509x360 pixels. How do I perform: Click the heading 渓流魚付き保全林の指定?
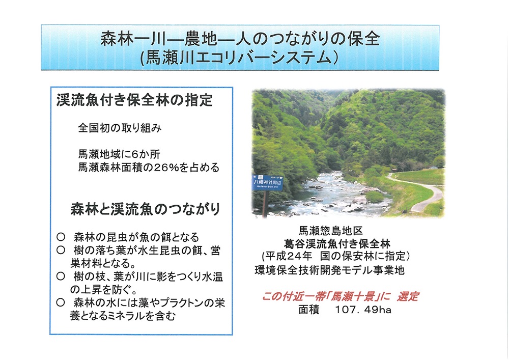click(134, 100)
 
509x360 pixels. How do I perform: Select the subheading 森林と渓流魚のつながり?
click(146, 209)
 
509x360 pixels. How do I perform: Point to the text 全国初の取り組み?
click(120, 128)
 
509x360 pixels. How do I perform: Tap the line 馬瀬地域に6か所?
click(119, 154)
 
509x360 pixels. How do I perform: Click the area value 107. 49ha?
click(363, 310)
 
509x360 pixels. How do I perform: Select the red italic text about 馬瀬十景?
click(340, 296)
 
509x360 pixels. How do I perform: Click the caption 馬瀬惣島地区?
click(331, 231)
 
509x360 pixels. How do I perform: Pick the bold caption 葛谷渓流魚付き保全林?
click(337, 244)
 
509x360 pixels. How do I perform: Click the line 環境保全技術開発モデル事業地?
click(329, 270)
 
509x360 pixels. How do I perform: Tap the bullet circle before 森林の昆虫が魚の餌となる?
click(61, 237)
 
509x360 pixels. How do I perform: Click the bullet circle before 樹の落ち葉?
click(61, 250)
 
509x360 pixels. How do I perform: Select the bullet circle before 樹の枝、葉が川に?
click(61, 276)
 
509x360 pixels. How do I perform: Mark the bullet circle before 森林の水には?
click(61, 302)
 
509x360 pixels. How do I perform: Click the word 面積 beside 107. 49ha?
click(309, 310)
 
